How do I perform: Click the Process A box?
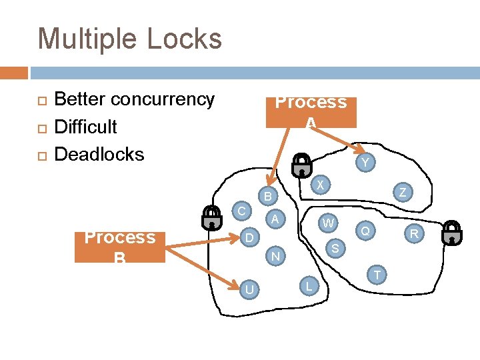click(x=311, y=112)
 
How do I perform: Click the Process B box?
click(x=120, y=247)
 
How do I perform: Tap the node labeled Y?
click(x=364, y=163)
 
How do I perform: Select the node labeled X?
click(x=321, y=185)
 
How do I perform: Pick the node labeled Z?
click(x=403, y=193)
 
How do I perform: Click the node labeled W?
click(x=327, y=223)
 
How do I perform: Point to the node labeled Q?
click(x=365, y=231)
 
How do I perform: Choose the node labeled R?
click(x=414, y=234)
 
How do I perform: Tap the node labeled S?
click(x=335, y=249)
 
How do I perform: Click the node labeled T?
click(x=377, y=275)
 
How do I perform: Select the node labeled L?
click(x=308, y=286)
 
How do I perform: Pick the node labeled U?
click(x=249, y=289)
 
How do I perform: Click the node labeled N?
click(x=274, y=256)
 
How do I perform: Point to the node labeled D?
click(x=248, y=237)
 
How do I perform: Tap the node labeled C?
click(x=243, y=211)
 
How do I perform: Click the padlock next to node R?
click(x=452, y=231)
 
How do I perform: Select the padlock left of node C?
click(x=212, y=217)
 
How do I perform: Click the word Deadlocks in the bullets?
click(x=99, y=154)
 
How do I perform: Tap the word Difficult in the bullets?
click(x=85, y=127)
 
